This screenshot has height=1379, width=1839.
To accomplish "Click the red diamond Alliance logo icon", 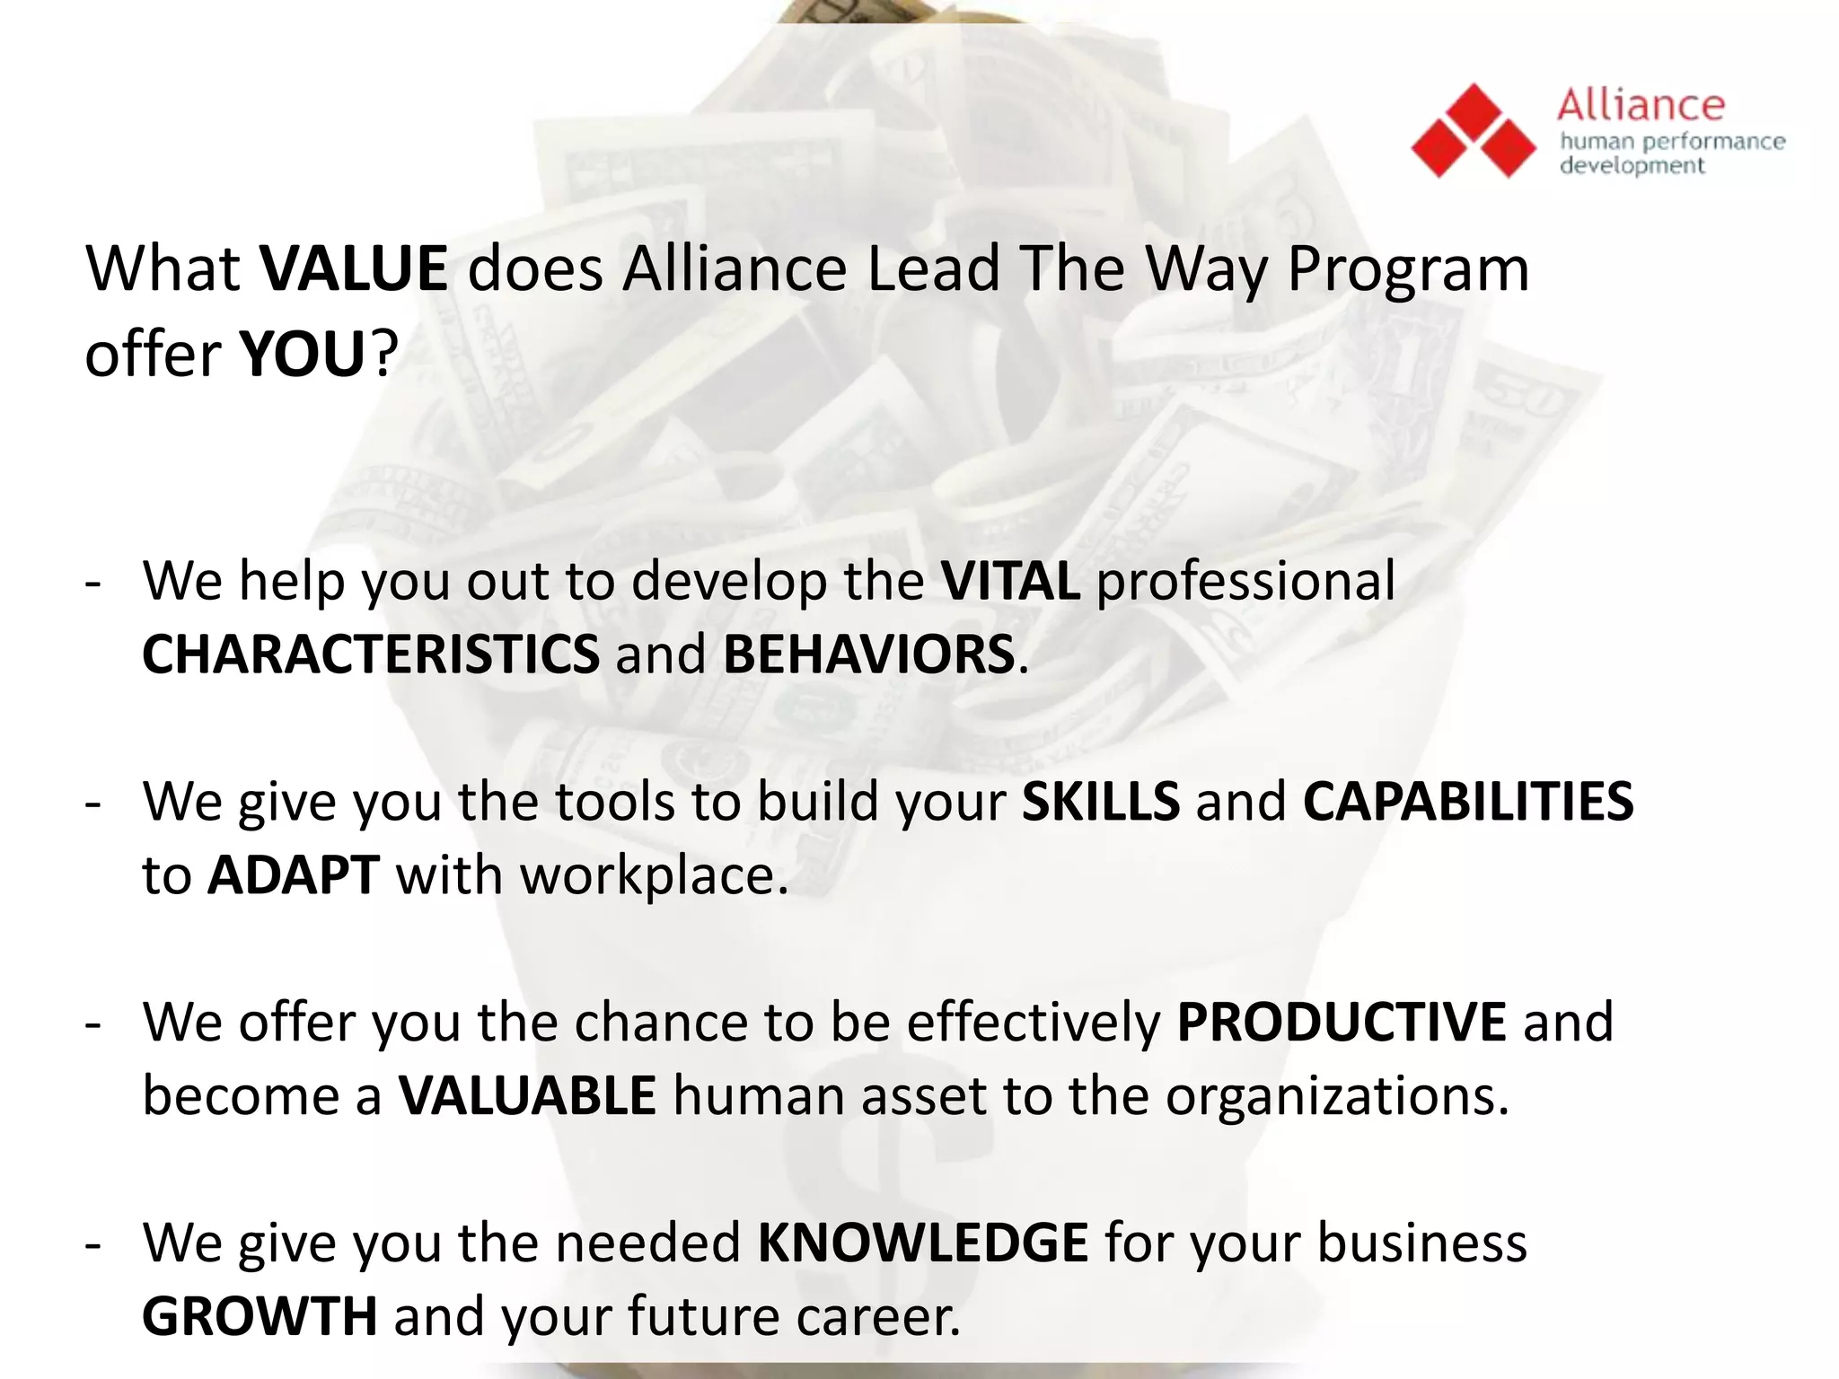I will (1474, 131).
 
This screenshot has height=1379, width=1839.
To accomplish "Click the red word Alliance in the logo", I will (1641, 106).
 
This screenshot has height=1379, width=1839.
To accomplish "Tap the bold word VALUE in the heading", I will (354, 268).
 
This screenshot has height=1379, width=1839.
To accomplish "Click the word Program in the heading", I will (1407, 270).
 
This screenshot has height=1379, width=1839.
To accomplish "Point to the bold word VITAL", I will (1010, 581).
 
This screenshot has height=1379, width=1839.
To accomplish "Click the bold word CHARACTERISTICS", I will (371, 654).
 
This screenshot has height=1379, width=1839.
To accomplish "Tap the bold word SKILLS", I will (1101, 801).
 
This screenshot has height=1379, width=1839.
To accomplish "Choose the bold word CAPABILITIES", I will (1468, 801).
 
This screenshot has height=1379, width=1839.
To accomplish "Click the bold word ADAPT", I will (294, 875).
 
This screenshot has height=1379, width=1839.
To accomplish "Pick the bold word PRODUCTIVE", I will (1342, 1022).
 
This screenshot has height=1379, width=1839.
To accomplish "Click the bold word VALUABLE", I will (528, 1095).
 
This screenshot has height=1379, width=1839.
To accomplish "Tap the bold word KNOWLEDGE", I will (923, 1243).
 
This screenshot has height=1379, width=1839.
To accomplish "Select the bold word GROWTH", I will (260, 1316).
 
